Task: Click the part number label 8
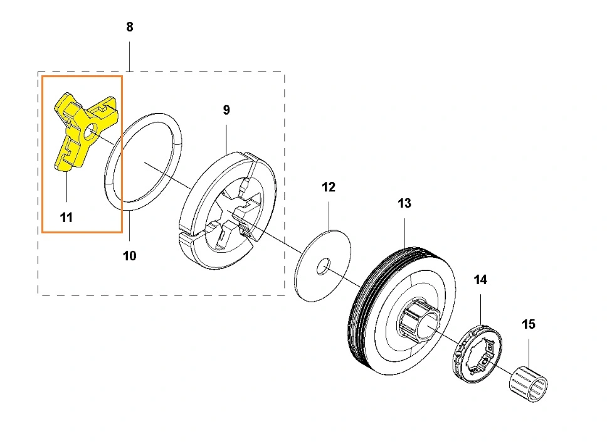(130, 27)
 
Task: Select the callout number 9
(226, 110)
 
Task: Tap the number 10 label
(129, 255)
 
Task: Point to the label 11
(66, 218)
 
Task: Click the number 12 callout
(329, 187)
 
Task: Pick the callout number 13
(404, 203)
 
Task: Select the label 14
(480, 280)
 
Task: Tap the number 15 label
(529, 324)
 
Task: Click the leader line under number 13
(405, 228)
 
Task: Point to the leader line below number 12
(329, 213)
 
